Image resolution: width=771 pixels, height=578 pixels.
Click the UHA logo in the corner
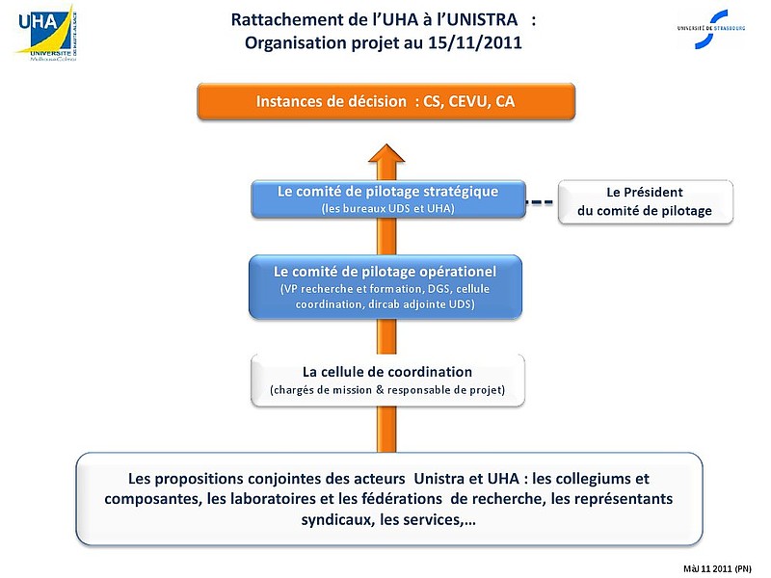pyautogui.click(x=45, y=33)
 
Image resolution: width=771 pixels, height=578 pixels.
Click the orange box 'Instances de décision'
pyautogui.click(x=385, y=102)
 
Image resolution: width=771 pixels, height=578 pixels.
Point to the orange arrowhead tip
pyautogui.click(x=387, y=144)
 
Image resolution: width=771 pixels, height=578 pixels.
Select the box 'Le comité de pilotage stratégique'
pyautogui.click(x=387, y=198)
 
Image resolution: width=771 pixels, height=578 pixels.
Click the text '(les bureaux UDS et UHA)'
pyautogui.click(x=387, y=209)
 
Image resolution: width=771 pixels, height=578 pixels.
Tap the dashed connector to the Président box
pyautogui.click(x=541, y=202)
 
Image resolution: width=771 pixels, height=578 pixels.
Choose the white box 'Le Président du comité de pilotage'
pyautogui.click(x=645, y=201)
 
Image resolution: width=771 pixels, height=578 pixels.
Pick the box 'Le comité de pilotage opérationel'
pyautogui.click(x=385, y=286)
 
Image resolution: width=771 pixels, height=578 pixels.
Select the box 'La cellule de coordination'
pyautogui.click(x=387, y=380)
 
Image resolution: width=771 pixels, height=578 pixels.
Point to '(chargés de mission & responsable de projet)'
pyautogui.click(x=387, y=390)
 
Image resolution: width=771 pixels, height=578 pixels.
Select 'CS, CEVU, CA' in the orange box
pyautogui.click(x=468, y=102)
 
